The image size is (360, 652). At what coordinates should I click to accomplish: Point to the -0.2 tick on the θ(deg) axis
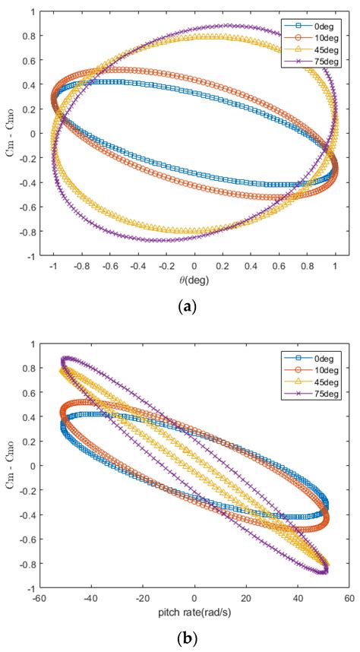coord(165,267)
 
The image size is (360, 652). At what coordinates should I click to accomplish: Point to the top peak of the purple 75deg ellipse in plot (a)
coord(224,25)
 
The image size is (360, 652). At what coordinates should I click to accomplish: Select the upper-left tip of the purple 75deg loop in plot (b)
coord(65,359)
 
